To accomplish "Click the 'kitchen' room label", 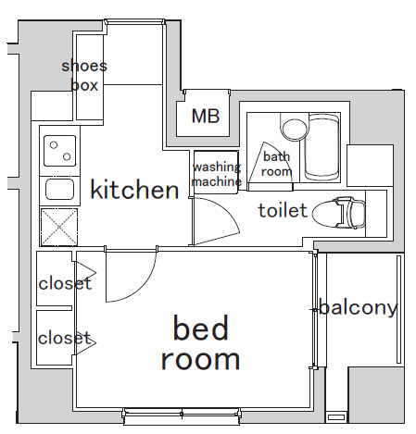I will click(x=133, y=191).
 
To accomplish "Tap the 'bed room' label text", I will click(x=200, y=342).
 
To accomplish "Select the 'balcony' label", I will click(x=359, y=307).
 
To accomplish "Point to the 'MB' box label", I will click(x=205, y=117).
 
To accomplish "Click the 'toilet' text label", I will click(x=282, y=211).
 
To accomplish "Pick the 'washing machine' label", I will click(x=216, y=174).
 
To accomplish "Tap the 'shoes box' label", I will click(x=84, y=74).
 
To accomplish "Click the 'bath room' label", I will click(x=276, y=164).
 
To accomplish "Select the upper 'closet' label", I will click(x=65, y=283).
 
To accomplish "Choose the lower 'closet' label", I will click(x=65, y=338).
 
